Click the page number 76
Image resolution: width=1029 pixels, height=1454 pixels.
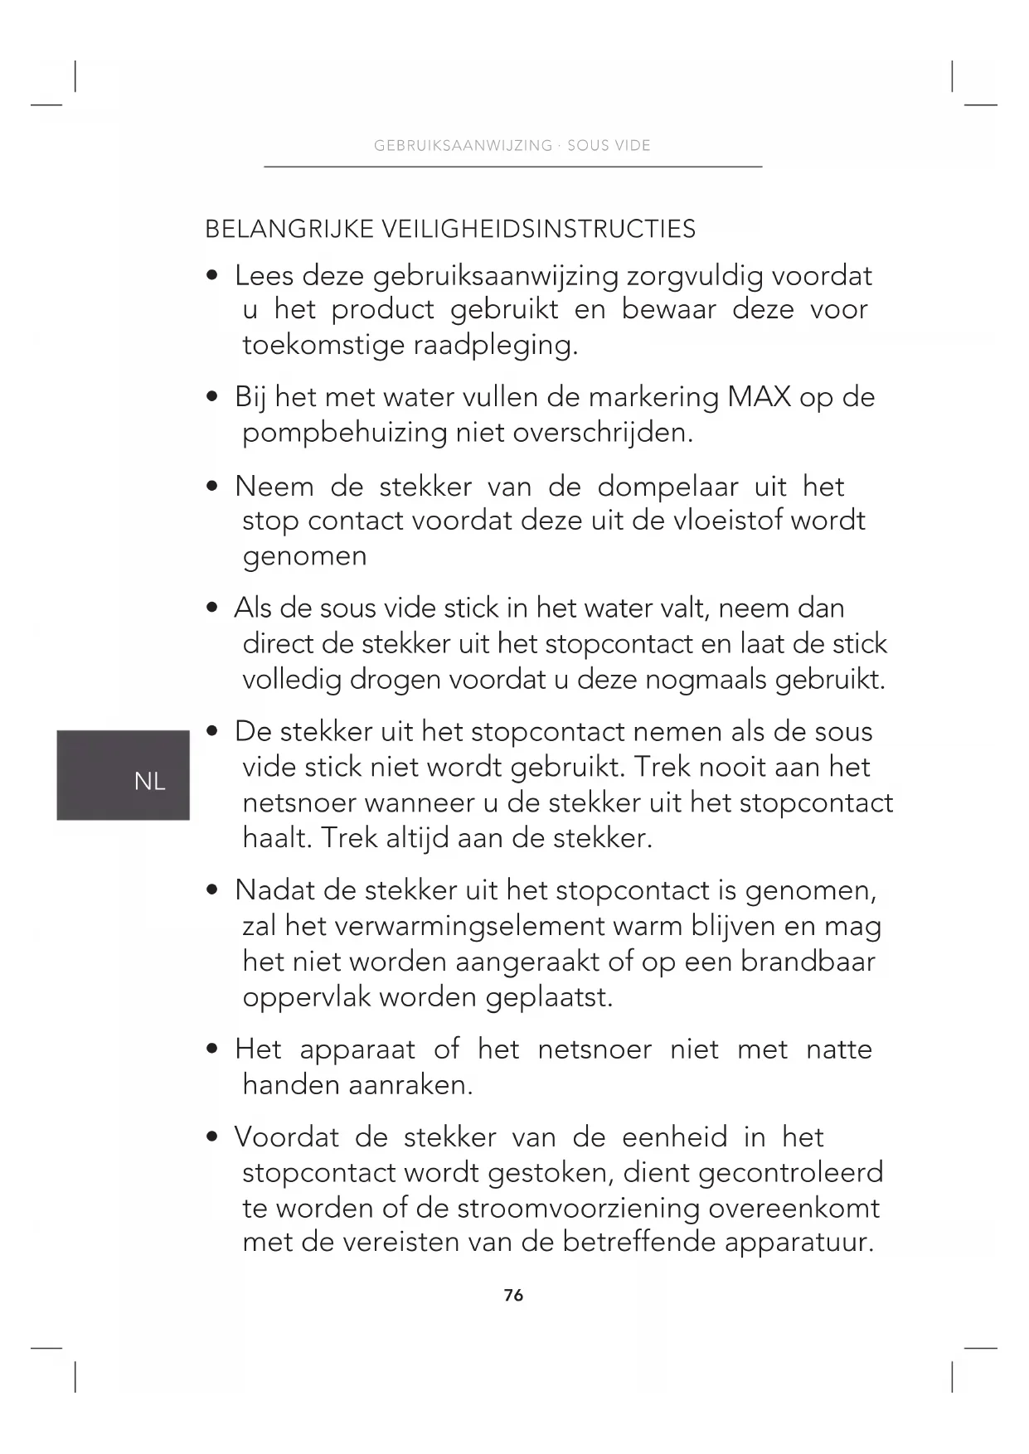point(513,1295)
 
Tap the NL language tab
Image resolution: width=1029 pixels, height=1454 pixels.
point(149,781)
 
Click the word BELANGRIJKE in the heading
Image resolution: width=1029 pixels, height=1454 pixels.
point(289,229)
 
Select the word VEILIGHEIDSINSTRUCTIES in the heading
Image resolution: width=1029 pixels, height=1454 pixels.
point(538,229)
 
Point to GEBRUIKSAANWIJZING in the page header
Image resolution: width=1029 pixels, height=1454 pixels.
point(463,146)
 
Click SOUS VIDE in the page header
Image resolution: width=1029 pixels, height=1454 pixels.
point(609,146)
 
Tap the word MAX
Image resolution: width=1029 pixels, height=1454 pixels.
point(759,397)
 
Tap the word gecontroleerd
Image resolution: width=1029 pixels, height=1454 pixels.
point(790,1172)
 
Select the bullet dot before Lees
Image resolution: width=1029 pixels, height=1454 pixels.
point(213,275)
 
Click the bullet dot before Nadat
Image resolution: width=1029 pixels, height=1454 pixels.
point(213,890)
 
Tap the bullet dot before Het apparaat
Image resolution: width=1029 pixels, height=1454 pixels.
point(213,1049)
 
